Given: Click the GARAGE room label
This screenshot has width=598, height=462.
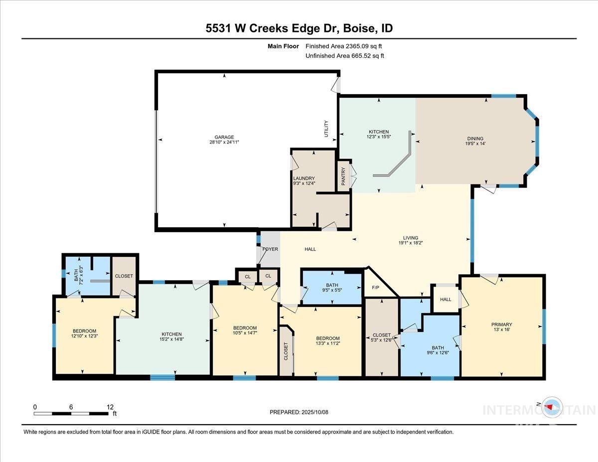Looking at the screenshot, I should point(224,137).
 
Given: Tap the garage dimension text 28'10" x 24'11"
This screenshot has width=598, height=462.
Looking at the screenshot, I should point(224,143).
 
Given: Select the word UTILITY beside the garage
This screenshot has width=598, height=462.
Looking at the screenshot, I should point(326,129).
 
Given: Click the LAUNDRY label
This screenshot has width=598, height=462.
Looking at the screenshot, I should point(304,178).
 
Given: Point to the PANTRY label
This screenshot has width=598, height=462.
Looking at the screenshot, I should point(343,176).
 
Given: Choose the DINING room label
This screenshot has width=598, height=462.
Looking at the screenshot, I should point(475,139).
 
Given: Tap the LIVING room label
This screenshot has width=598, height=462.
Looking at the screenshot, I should point(411,238).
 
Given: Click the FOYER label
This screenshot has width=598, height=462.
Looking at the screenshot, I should point(270,249).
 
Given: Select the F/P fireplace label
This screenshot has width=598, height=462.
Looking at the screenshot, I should point(376,288).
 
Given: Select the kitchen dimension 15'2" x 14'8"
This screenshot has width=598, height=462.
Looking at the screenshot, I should point(171,339).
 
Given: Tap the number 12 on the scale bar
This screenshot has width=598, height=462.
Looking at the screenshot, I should point(110,407).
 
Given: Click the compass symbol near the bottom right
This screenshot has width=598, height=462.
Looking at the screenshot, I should point(551,407).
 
